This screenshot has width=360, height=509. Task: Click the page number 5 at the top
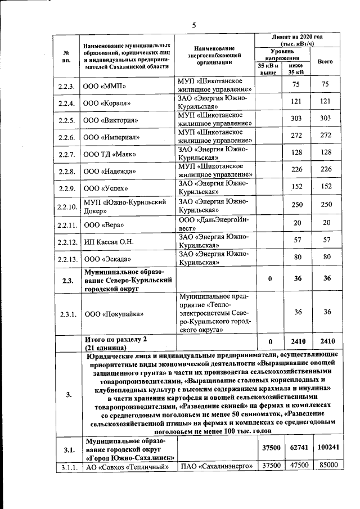[x=194, y=25]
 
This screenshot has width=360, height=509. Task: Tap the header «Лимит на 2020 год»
[x=296, y=39]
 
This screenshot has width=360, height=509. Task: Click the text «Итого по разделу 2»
[x=115, y=340]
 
